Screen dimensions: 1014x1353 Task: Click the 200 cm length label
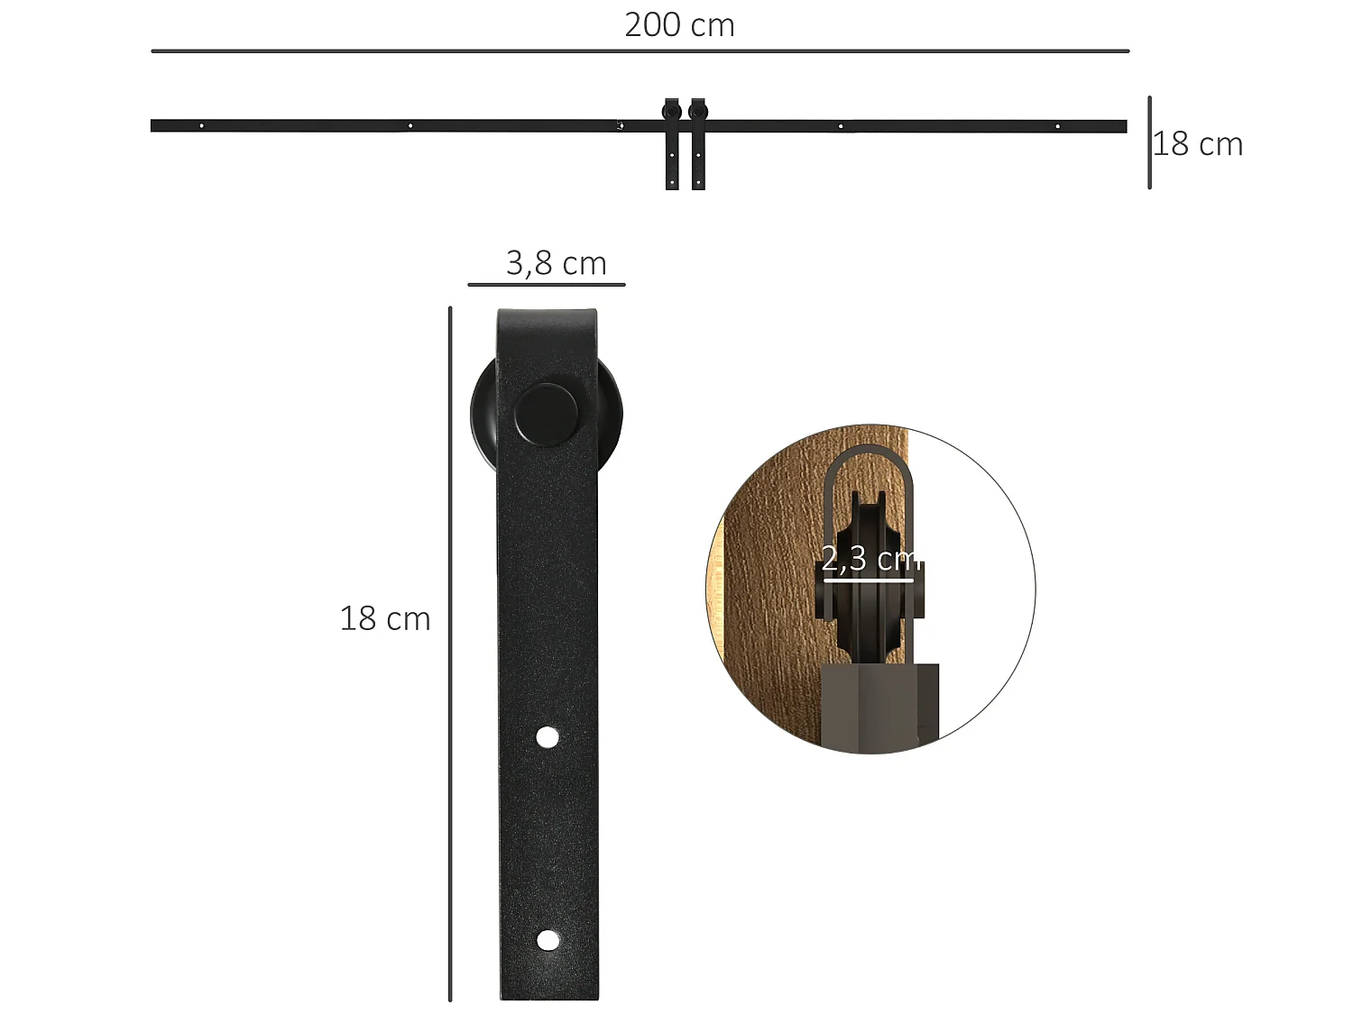coord(679,25)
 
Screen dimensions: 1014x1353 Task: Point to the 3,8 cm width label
coord(556,263)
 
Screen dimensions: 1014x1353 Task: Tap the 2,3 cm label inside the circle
coord(868,559)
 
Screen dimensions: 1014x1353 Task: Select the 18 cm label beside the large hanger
coord(384,619)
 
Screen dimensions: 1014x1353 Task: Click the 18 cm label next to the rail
coord(1199,144)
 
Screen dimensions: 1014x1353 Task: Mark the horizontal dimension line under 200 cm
coord(640,51)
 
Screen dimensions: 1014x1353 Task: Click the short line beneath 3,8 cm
coord(546,285)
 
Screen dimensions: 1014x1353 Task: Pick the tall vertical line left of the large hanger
coord(450,653)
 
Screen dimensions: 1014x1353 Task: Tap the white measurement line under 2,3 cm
coord(868,580)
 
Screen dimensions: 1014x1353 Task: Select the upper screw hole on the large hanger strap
coord(547,737)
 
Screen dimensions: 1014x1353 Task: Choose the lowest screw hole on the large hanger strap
coord(547,940)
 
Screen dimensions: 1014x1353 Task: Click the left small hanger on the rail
coord(672,144)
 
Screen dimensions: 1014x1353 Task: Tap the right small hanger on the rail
coord(698,144)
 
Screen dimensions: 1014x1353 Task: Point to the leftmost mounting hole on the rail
coord(201,126)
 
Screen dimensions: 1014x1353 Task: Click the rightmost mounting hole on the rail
coord(1057,126)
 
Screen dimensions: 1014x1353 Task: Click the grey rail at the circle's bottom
coord(879,708)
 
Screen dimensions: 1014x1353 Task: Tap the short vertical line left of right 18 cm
coord(1149,142)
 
